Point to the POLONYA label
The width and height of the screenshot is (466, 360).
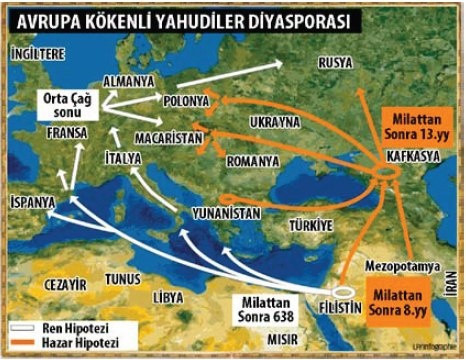187,101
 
